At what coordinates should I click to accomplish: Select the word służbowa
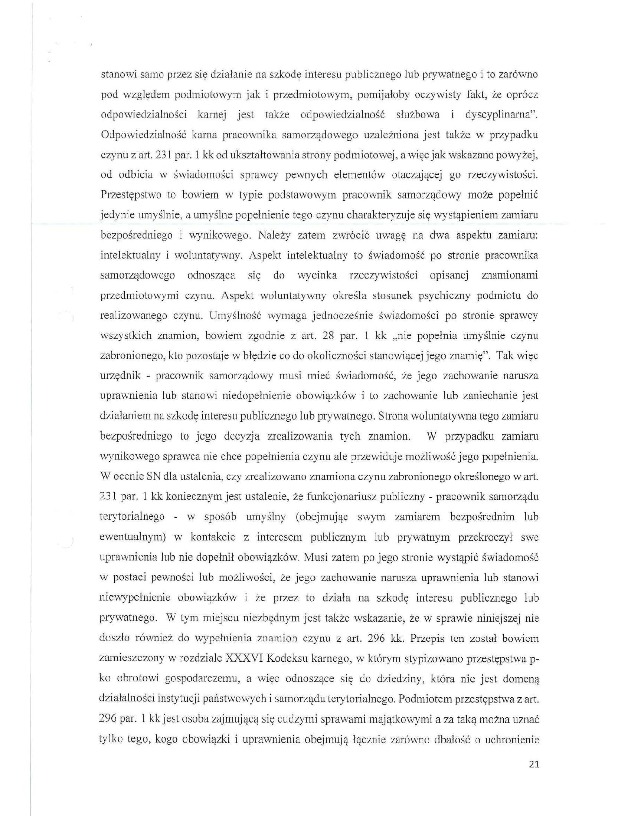coord(418,115)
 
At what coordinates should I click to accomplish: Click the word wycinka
coord(317,276)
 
